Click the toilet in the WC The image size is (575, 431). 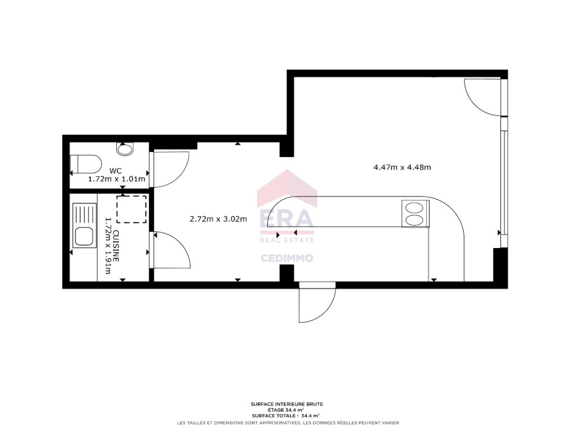[86, 164]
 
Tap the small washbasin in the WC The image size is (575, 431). [125, 149]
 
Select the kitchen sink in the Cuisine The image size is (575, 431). [84, 226]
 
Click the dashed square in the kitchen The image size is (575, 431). [131, 209]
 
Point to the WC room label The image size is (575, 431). [116, 171]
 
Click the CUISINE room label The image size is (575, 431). [116, 246]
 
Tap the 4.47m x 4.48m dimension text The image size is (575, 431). [402, 167]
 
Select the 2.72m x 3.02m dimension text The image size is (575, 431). [218, 219]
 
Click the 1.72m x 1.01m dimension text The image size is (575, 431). [117, 179]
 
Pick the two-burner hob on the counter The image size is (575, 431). [416, 214]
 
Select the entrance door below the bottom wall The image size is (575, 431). [318, 302]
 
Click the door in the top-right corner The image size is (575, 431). [482, 97]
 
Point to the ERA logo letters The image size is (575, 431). [287, 219]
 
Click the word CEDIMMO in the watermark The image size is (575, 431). [287, 258]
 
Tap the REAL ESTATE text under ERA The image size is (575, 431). [287, 240]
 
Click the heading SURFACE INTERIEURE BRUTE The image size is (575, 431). [287, 404]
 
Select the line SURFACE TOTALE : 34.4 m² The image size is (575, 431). [286, 416]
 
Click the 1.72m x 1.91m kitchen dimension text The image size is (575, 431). [108, 246]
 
